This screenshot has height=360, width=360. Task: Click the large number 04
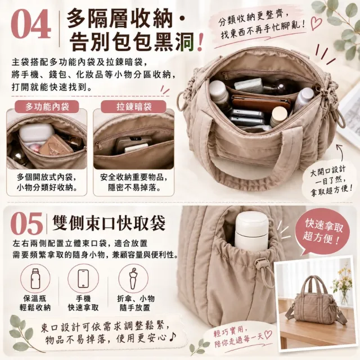(x=31, y=24)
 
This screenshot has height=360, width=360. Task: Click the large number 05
(x=27, y=223)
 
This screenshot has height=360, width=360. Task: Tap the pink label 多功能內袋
(x=47, y=106)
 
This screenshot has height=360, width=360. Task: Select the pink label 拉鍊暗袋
(x=134, y=106)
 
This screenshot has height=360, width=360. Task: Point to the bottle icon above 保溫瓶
(x=35, y=279)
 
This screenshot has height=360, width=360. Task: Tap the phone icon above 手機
(x=83, y=278)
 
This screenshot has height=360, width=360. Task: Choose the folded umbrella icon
(x=133, y=278)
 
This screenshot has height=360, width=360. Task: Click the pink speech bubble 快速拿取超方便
(x=322, y=232)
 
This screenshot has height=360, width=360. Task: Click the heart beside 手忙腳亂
(x=316, y=24)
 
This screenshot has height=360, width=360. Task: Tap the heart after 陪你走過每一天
(x=268, y=334)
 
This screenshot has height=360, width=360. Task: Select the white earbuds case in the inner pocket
(x=36, y=134)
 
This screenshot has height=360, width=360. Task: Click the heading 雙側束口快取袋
(x=109, y=223)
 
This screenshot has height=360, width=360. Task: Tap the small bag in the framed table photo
(x=316, y=296)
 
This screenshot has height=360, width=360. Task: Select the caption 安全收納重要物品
(x=134, y=177)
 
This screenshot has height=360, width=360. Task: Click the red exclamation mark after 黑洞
(x=200, y=43)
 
